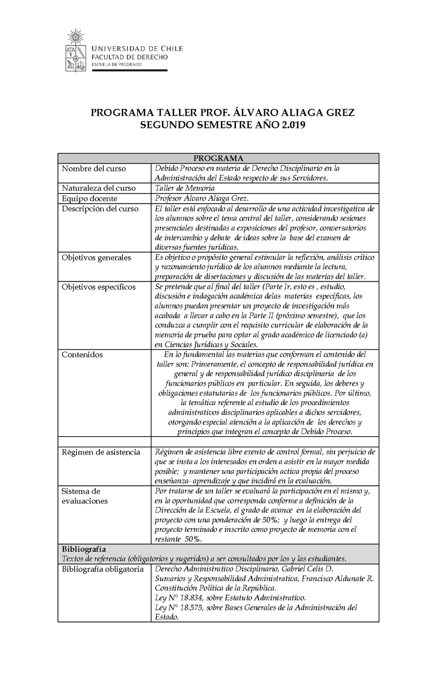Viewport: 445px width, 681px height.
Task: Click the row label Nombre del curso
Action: click(x=93, y=168)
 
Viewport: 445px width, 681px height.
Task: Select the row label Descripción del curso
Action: click(x=100, y=208)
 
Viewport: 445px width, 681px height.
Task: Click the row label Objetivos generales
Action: click(x=96, y=257)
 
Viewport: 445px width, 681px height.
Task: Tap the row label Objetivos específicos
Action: click(x=98, y=287)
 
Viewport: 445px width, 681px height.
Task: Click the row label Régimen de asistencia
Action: click(x=101, y=452)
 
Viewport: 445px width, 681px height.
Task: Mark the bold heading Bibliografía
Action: click(x=84, y=549)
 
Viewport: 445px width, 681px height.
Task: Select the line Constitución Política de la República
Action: click(x=215, y=588)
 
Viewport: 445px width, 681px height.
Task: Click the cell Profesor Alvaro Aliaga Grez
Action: click(x=202, y=198)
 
